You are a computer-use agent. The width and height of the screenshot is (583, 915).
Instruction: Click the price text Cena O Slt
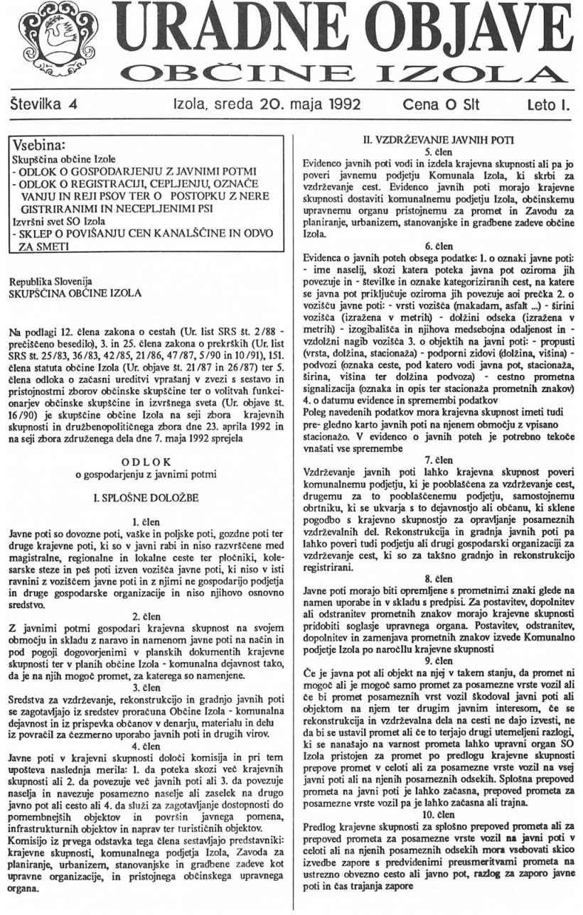coord(439,108)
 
